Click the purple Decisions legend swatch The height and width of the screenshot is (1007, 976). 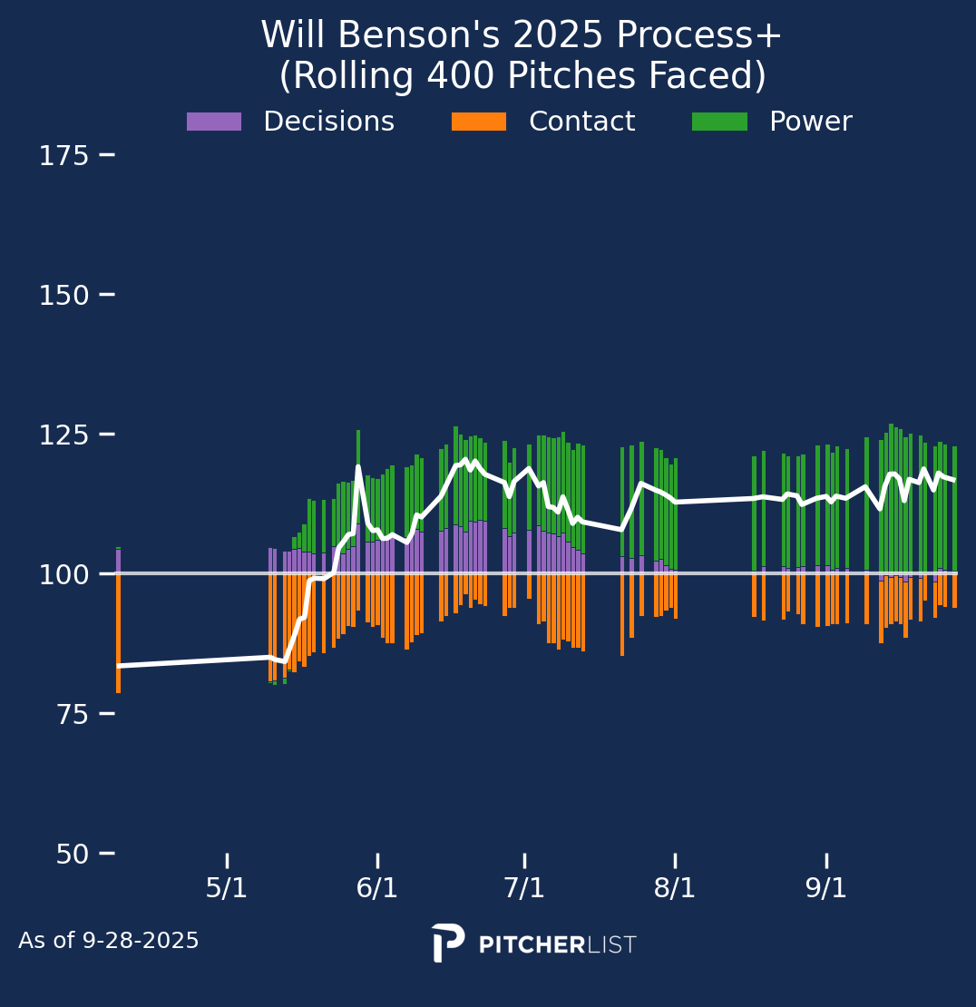pos(214,122)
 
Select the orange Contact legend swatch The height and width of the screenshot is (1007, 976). pos(479,122)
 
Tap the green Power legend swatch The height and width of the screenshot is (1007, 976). pos(719,122)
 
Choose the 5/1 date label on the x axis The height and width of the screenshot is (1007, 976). pos(227,888)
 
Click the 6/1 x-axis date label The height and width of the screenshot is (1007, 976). pos(377,888)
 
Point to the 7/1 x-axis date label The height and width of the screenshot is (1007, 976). pos(524,888)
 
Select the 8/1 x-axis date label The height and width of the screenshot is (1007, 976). pos(675,888)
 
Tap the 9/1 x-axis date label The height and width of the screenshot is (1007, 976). pos(826,888)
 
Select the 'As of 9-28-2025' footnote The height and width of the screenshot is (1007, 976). pos(109,942)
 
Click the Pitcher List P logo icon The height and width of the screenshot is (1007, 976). pos(448,943)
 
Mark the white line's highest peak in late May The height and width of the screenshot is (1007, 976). pos(358,467)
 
